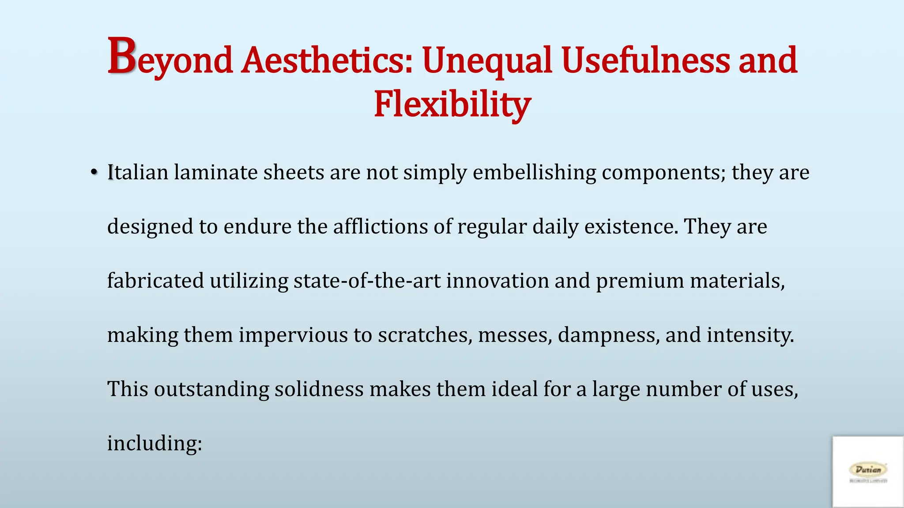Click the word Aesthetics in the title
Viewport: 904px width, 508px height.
[x=327, y=60]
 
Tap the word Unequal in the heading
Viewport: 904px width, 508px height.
[x=487, y=60]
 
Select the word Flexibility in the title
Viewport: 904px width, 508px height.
[x=452, y=105]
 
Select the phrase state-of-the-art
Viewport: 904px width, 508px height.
[x=367, y=281]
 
